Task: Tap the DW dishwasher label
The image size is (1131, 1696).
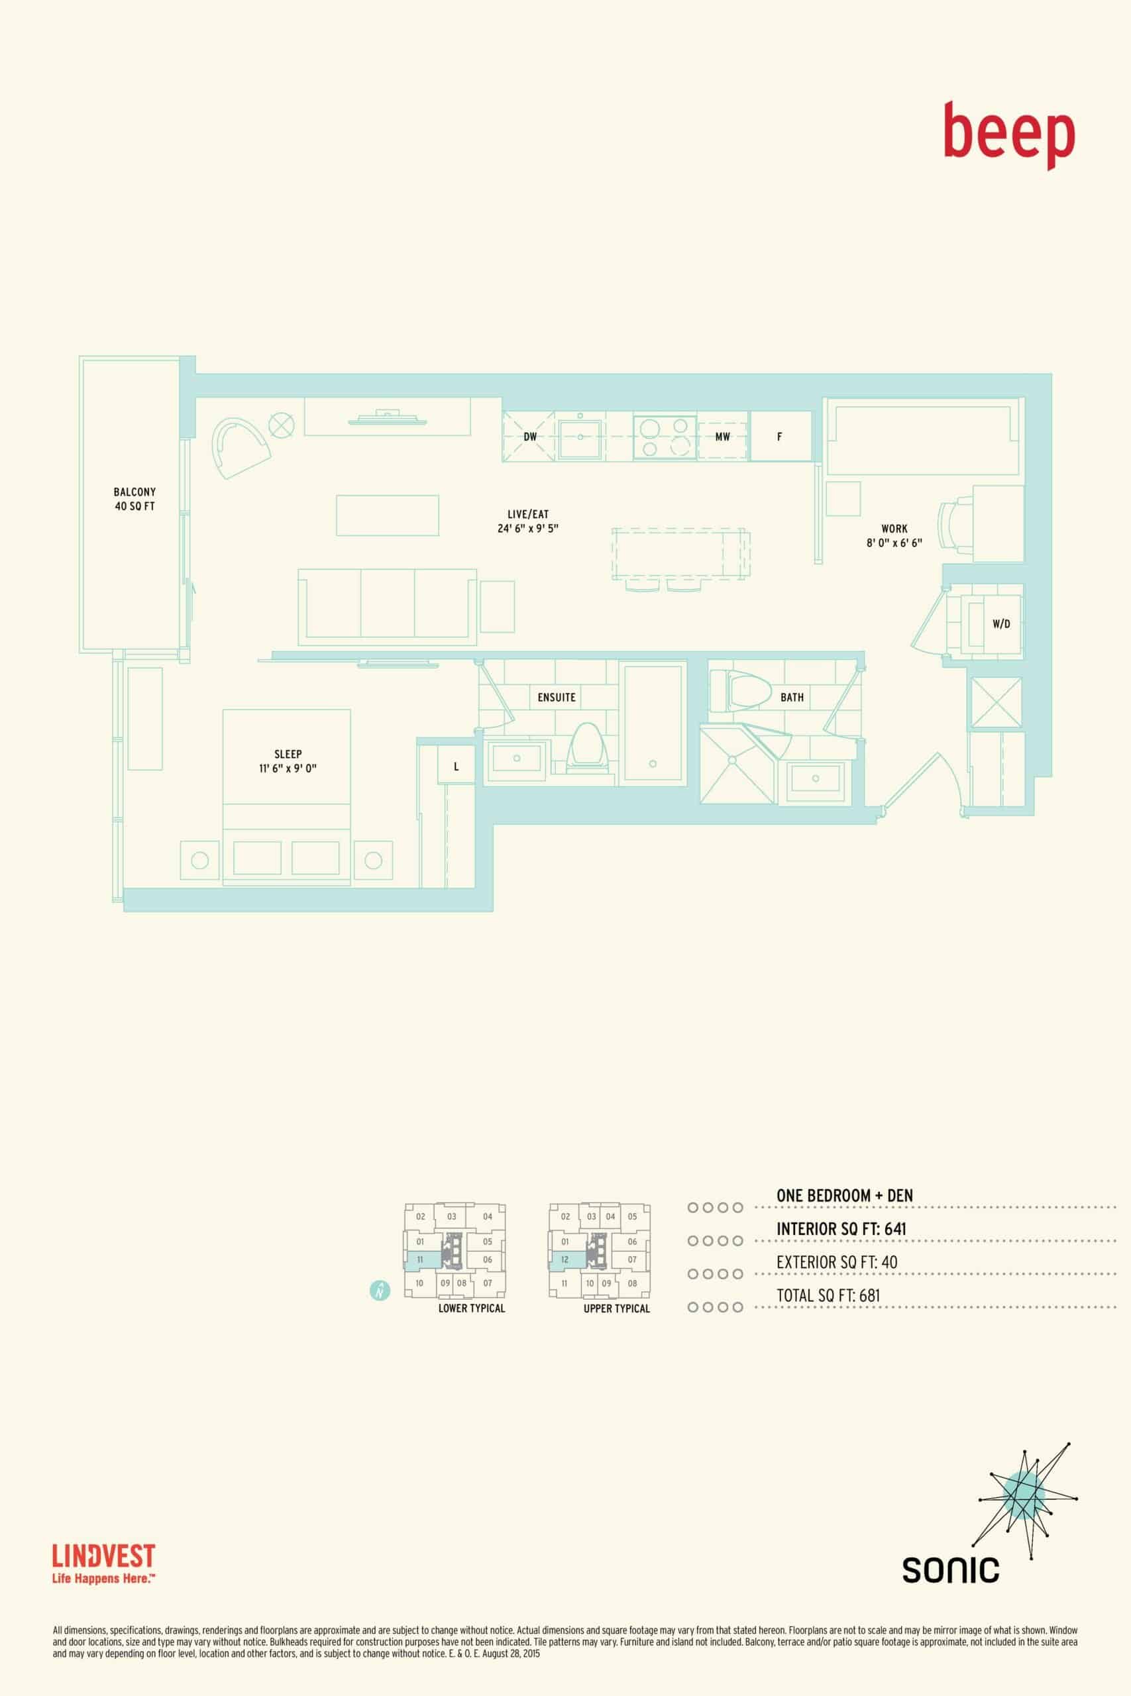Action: [x=530, y=437]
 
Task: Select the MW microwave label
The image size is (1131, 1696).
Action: [x=722, y=437]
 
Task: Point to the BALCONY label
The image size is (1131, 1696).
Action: [x=134, y=492]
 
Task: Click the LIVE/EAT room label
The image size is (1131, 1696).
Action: [x=528, y=514]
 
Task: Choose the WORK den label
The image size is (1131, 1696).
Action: [x=894, y=529]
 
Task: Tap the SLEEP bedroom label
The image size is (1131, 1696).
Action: [x=288, y=755]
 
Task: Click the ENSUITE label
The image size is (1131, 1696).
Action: [x=557, y=698]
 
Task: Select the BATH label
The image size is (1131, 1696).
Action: [x=792, y=698]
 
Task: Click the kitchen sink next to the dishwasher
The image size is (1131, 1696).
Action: [x=580, y=437]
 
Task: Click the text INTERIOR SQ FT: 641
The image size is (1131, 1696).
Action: [x=841, y=1228]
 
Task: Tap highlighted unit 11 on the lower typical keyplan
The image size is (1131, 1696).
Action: [x=420, y=1259]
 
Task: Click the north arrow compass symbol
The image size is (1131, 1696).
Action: [x=380, y=1291]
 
